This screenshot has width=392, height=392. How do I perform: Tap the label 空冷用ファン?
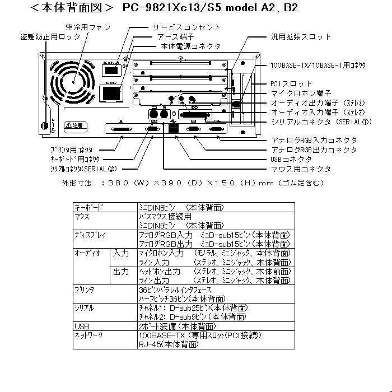(x=87, y=27)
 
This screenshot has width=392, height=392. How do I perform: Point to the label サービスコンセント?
(x=186, y=27)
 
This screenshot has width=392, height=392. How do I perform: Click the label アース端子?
(x=178, y=36)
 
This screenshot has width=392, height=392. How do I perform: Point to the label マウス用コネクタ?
(x=300, y=169)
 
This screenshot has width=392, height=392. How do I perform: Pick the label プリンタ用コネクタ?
(x=71, y=150)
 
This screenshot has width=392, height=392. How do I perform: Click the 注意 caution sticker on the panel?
(x=73, y=125)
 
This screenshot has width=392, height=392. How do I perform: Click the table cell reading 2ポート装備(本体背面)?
(x=176, y=325)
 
